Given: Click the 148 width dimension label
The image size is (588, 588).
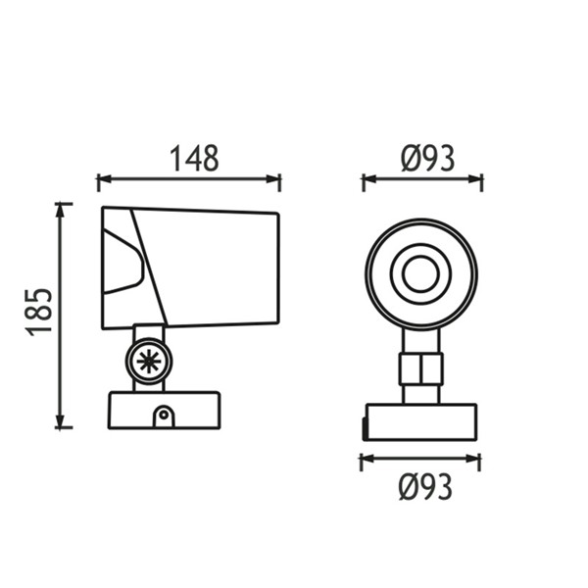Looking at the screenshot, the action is pos(194,158).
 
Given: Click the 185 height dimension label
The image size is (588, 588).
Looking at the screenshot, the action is pos(38,312).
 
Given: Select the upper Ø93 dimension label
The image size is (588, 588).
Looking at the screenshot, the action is pos(428,159).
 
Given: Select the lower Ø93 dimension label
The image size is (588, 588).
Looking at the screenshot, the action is pos(425,487).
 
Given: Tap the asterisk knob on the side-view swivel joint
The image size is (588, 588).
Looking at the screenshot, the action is pos(149,361).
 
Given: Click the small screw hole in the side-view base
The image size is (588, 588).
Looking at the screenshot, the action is pos(164,415).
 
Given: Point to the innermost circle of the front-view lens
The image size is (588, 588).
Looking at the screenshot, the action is pos(420,274).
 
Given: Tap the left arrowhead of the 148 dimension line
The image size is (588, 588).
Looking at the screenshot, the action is pos(105,179).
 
